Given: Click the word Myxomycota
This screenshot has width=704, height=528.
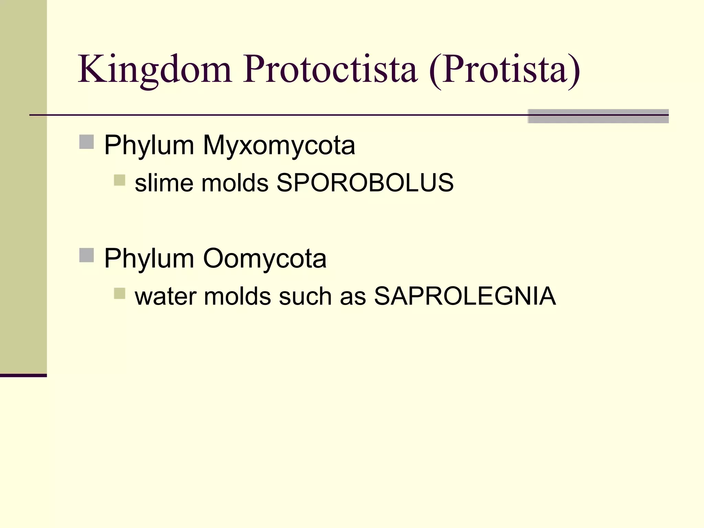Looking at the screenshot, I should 279,146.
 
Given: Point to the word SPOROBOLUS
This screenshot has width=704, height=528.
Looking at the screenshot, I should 365,183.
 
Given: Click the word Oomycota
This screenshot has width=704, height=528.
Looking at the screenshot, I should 265,258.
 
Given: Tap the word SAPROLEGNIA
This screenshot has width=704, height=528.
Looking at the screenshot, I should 465,296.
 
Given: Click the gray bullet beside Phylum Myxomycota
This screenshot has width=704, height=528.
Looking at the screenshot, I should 87,142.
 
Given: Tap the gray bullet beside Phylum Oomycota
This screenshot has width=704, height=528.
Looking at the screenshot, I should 87,255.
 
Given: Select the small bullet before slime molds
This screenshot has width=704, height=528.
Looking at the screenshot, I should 119,180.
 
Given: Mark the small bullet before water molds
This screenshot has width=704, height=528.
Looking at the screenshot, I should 119,293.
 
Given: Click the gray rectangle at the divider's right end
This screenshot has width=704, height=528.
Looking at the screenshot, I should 598,116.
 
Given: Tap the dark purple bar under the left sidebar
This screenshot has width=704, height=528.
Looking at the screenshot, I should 23,375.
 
